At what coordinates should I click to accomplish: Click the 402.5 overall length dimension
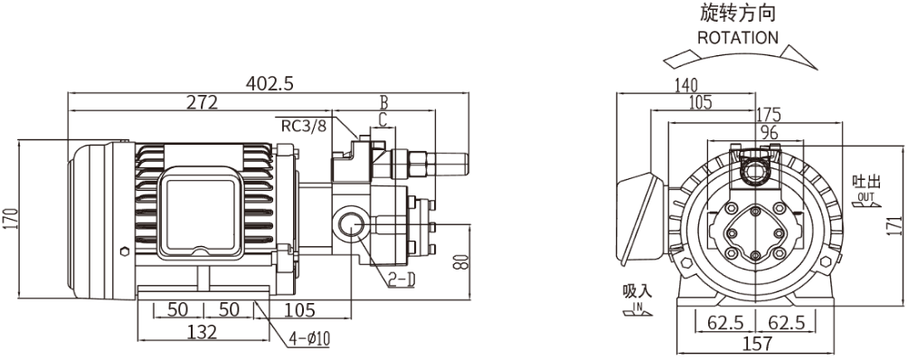click(270, 83)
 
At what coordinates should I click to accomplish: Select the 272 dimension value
click(202, 102)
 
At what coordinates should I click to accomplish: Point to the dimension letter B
click(383, 102)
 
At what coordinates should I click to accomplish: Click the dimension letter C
click(382, 120)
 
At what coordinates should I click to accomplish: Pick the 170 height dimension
click(12, 220)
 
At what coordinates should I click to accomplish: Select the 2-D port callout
click(402, 280)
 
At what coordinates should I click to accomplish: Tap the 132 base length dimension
click(202, 332)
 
